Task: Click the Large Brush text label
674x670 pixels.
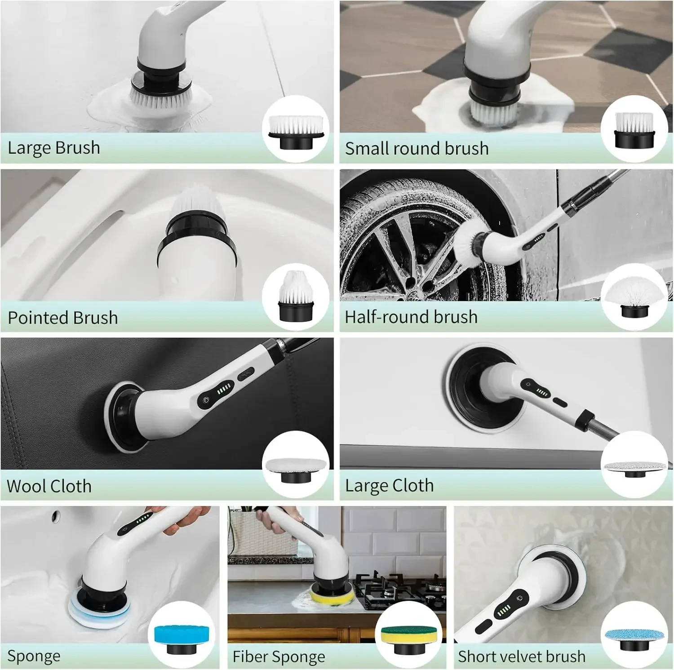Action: tap(54, 148)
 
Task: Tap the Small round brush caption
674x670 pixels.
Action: tap(417, 148)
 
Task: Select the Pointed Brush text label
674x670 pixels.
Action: tap(63, 318)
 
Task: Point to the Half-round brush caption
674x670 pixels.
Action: tap(411, 317)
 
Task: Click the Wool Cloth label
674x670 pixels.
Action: tap(49, 486)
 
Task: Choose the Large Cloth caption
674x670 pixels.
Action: tap(389, 486)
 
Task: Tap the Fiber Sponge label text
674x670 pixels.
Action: tap(279, 657)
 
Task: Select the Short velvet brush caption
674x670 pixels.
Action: tap(522, 657)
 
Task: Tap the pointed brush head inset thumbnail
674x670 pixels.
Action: tap(294, 297)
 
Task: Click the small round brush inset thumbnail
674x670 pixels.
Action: tap(634, 130)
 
